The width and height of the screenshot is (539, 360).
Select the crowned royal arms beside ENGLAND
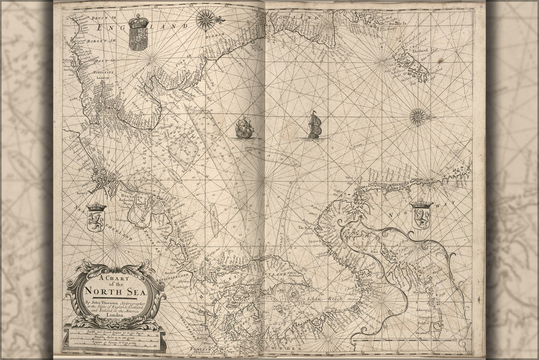(138, 32)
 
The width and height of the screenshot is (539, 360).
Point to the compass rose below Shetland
(418, 116)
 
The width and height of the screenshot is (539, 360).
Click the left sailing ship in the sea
(244, 128)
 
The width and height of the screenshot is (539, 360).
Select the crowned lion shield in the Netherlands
(97, 217)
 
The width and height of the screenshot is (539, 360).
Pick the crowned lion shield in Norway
(421, 215)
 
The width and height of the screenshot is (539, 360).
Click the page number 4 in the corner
(478, 6)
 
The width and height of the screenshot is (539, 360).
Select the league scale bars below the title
(114, 339)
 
